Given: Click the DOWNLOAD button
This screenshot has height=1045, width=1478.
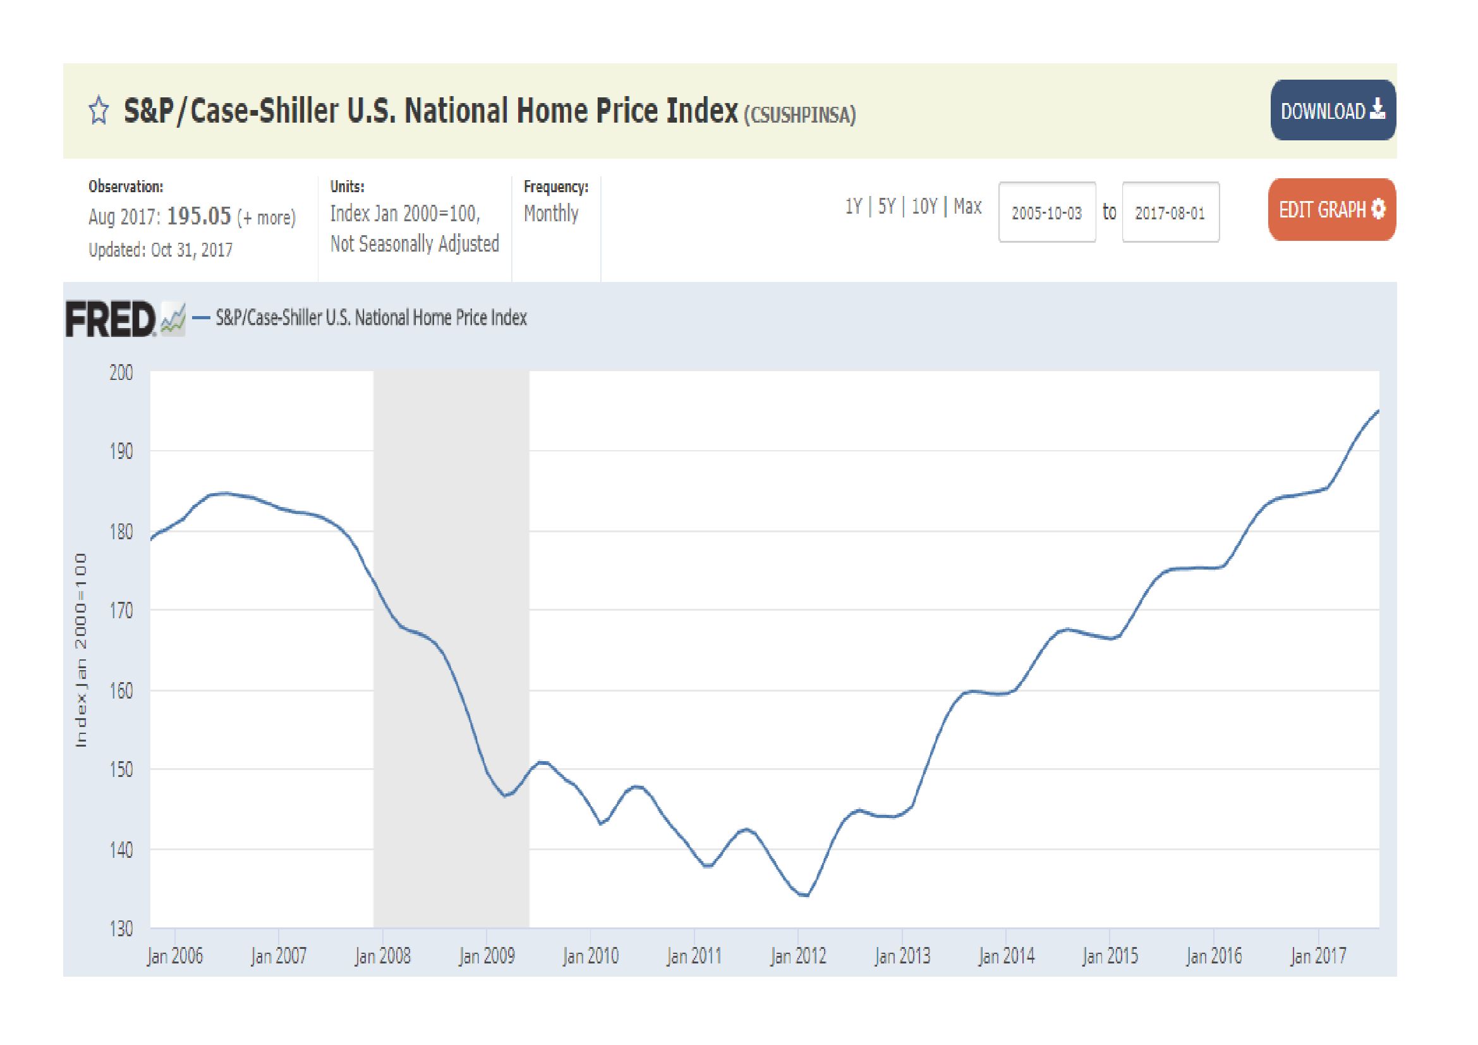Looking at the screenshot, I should coord(1332,110).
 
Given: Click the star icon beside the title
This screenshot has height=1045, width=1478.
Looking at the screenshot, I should coord(99,110).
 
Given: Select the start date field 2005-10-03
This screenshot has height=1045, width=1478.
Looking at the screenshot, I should coord(1046,212).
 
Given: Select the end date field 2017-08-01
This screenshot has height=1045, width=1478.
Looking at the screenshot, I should coord(1170,212).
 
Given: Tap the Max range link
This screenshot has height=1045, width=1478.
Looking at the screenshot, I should coord(967,207).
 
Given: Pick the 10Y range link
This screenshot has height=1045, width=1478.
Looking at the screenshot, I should coord(924,207).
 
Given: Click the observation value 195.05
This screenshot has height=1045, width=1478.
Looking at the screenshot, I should coord(198,216).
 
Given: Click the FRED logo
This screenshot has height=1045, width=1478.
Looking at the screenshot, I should coord(111,319).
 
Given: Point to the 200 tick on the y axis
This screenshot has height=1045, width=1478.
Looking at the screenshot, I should coord(121,373).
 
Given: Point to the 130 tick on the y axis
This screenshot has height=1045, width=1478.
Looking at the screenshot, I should coord(121,929).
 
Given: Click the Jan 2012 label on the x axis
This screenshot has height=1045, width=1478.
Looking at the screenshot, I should coord(797,956).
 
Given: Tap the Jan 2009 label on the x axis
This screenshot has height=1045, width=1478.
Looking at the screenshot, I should coord(486,956).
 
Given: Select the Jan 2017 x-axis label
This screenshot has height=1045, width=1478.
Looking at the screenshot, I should coord(1317,956).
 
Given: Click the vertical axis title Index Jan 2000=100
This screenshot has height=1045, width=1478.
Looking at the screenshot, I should coord(80,651).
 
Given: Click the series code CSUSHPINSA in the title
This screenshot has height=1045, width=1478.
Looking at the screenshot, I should coord(799,115).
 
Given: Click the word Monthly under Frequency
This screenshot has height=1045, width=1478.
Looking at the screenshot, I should coord(550,213).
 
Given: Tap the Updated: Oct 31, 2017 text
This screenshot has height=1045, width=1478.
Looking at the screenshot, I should coord(161,250).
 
